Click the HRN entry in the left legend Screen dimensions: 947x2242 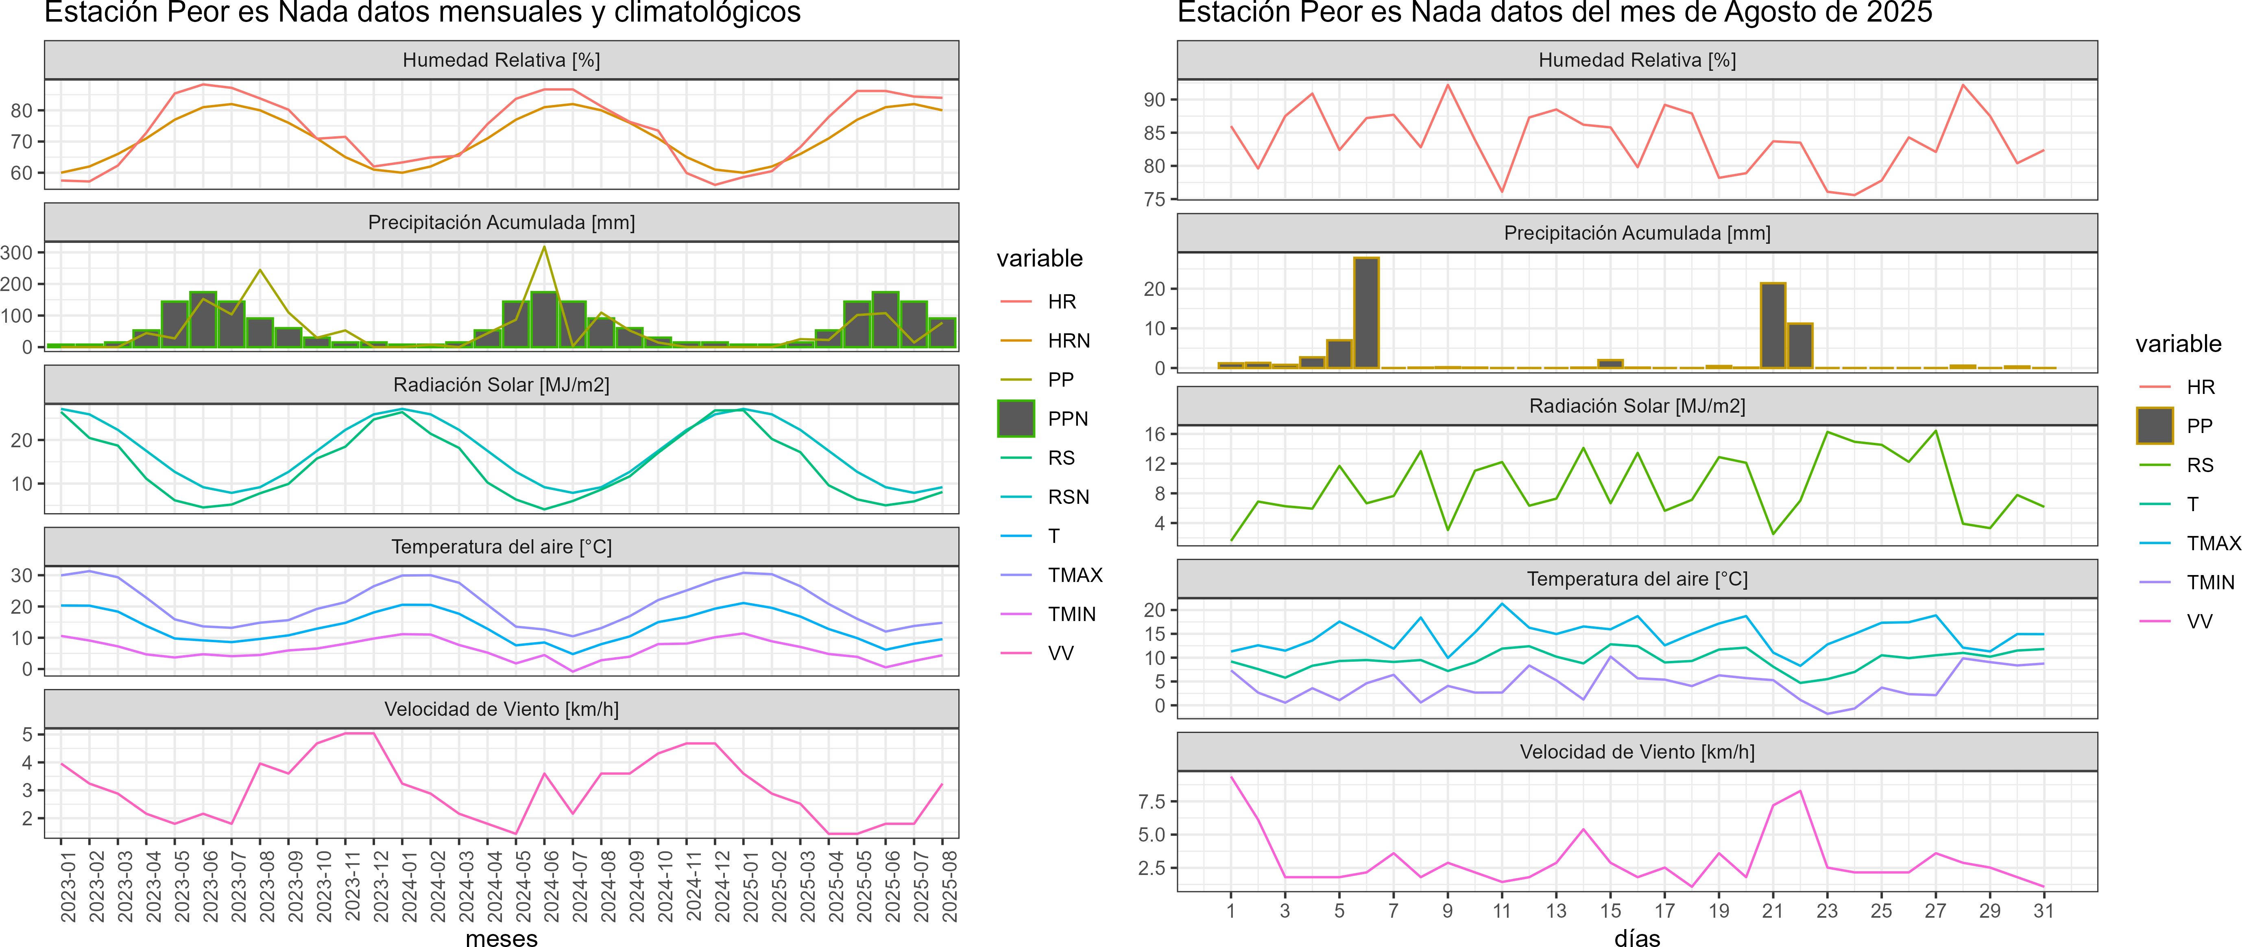(x=1068, y=340)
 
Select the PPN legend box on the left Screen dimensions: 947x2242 (x=1016, y=419)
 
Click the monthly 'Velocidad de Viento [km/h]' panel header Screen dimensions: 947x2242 (x=501, y=709)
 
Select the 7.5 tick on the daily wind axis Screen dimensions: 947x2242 (x=1152, y=802)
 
